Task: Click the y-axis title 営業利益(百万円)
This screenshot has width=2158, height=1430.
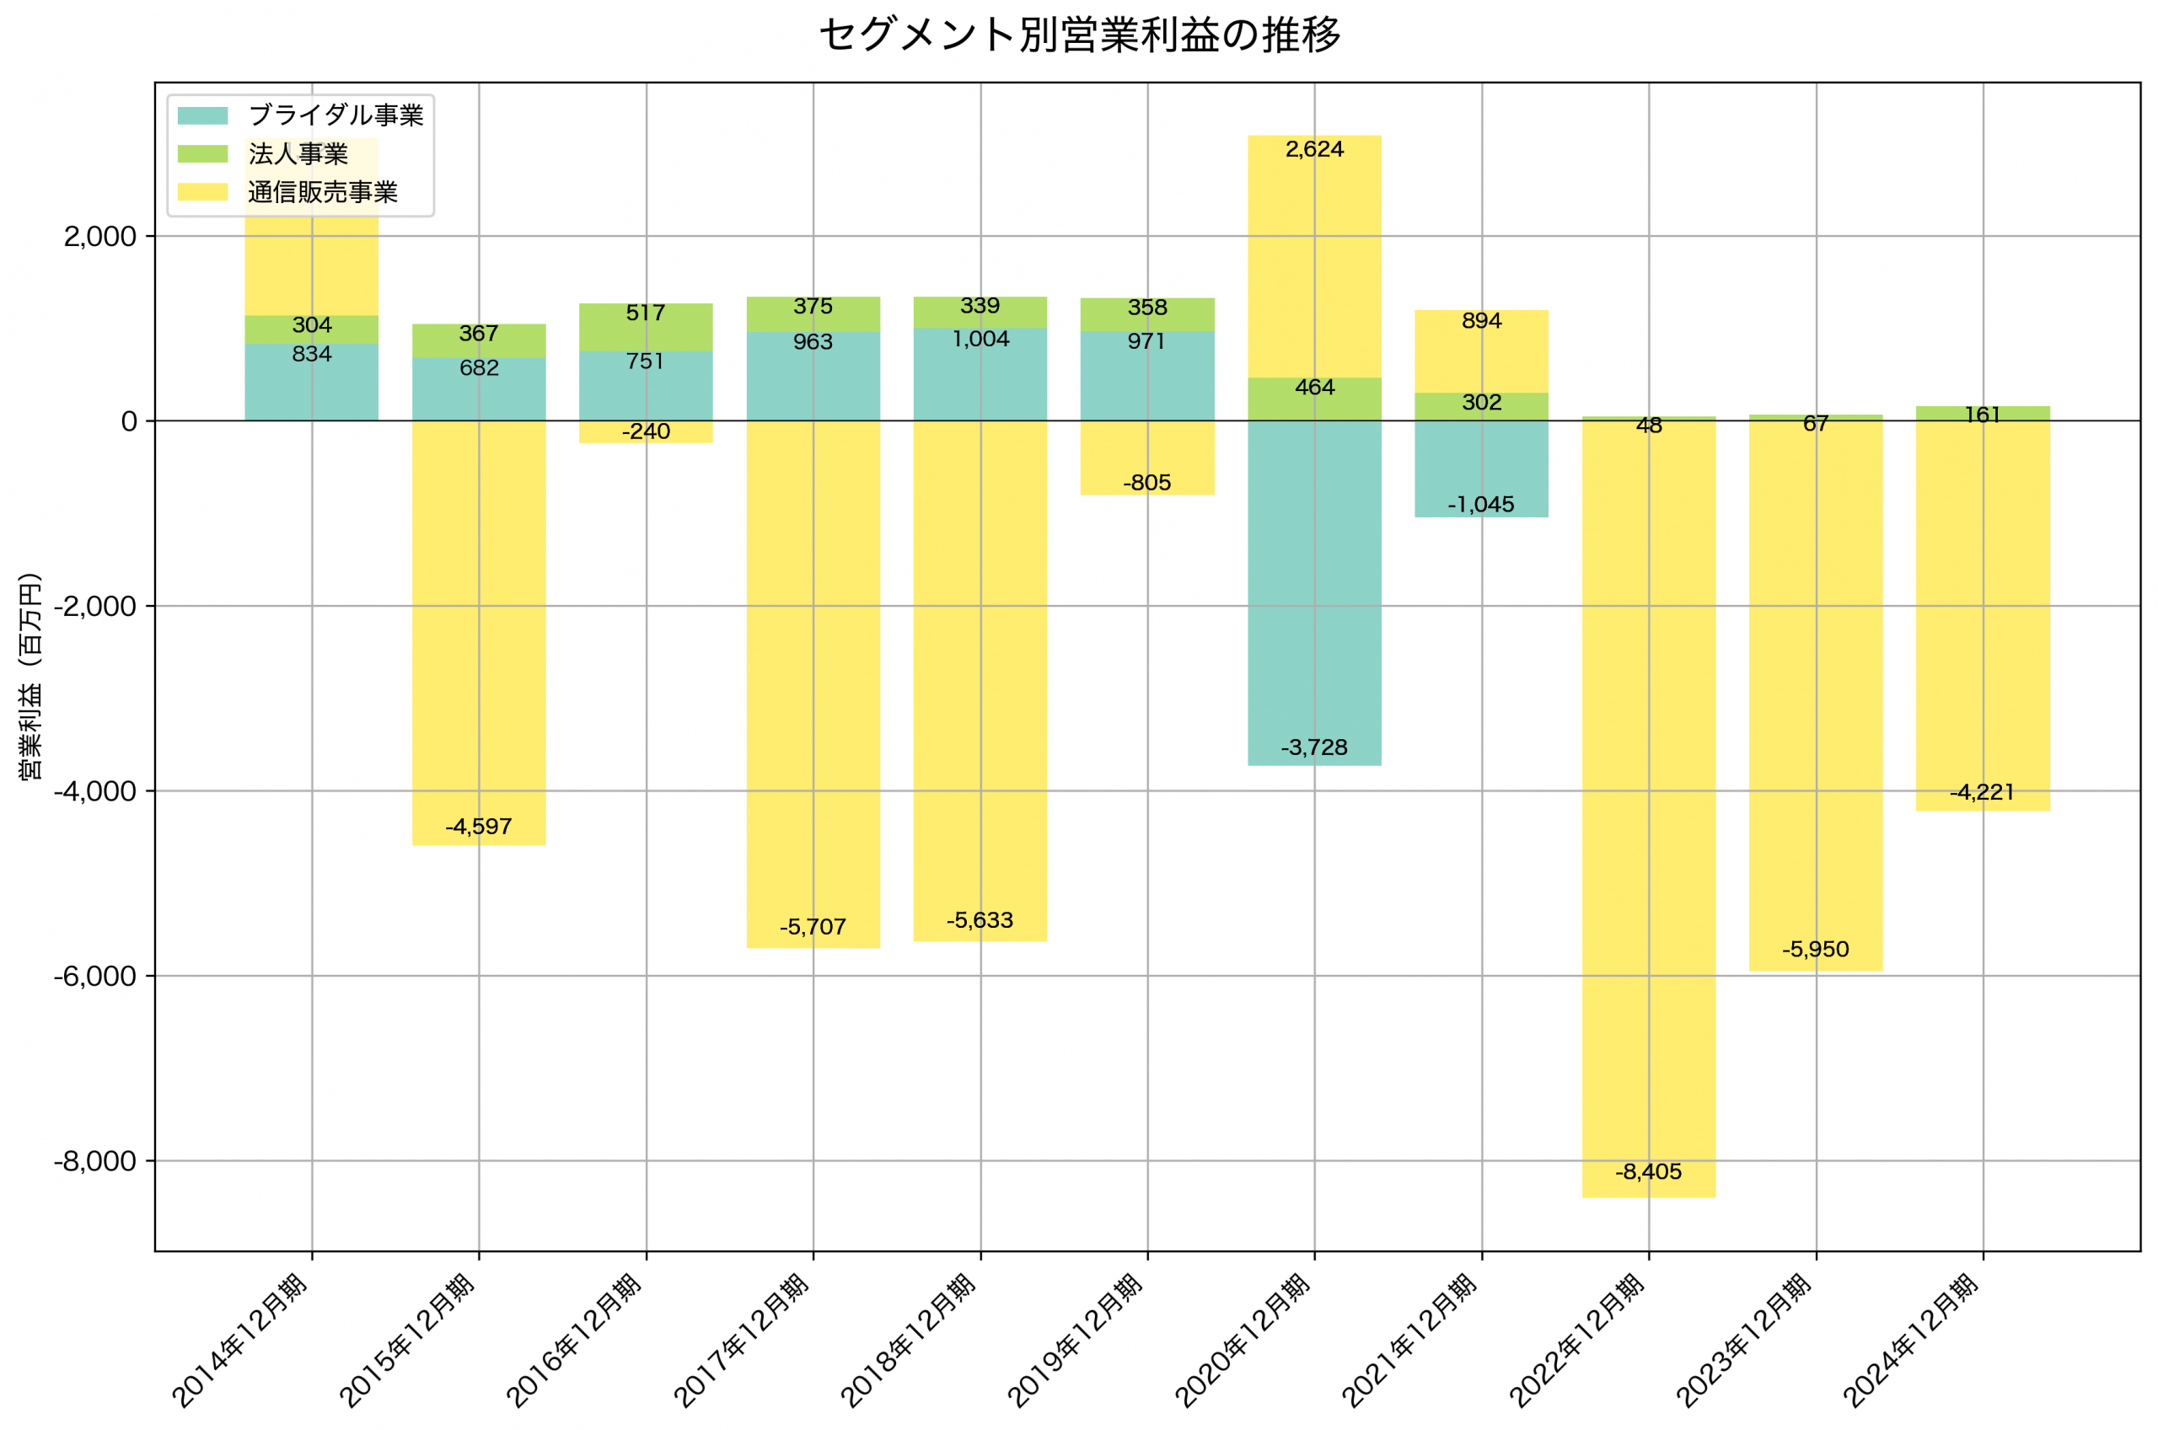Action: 30,676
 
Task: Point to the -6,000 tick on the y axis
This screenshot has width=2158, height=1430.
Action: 95,976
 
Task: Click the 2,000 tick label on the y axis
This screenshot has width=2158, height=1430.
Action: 99,237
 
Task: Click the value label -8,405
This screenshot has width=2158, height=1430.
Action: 1648,1172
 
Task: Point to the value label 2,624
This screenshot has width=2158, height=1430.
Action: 1314,149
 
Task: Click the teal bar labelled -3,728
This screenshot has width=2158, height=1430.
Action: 1314,592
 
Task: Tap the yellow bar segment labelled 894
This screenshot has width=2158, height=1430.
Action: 1481,351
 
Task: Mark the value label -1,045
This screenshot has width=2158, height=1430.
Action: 1480,504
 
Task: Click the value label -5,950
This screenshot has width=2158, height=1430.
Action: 1815,950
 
